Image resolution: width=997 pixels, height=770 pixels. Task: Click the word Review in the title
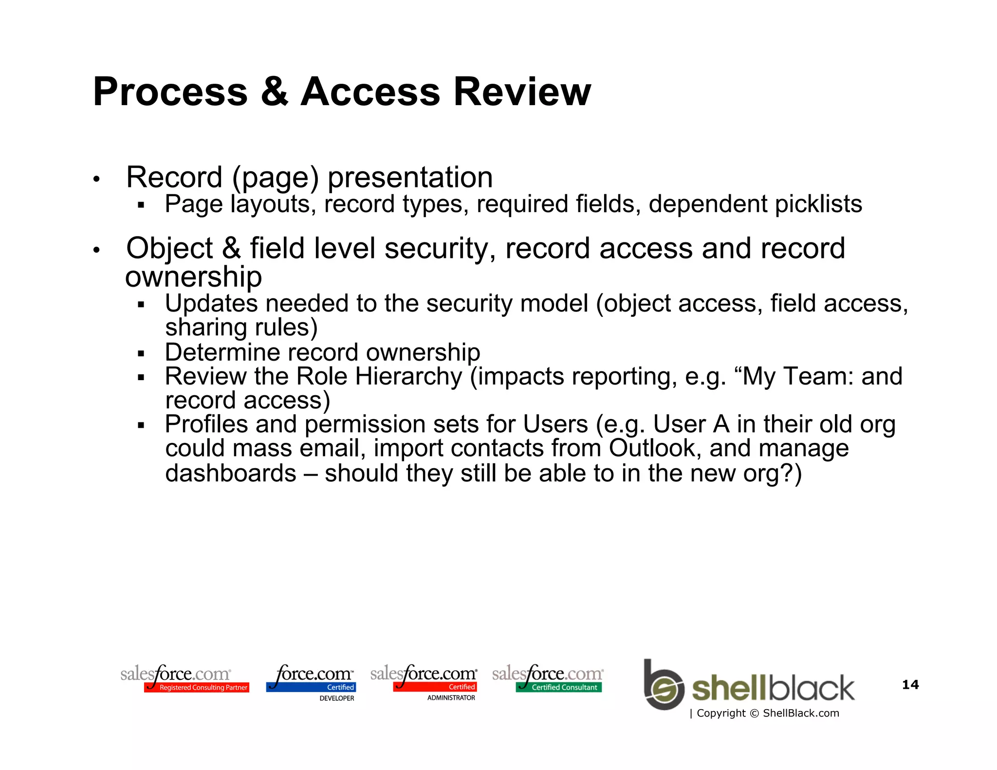click(x=522, y=92)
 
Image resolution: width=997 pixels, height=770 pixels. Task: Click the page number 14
click(x=910, y=685)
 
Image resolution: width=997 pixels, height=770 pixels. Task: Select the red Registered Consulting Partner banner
click(x=197, y=687)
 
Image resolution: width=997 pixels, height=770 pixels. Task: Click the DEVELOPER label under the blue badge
click(x=336, y=698)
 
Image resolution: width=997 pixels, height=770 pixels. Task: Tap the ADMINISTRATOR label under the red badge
click(x=451, y=697)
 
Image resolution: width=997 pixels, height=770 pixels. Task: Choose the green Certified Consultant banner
click(x=559, y=687)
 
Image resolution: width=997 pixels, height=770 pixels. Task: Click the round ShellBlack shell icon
click(x=664, y=688)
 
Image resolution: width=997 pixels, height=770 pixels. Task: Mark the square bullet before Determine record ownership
click(x=141, y=353)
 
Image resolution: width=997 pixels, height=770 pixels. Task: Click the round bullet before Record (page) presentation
click(x=96, y=179)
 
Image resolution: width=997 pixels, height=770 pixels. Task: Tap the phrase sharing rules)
click(x=241, y=328)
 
